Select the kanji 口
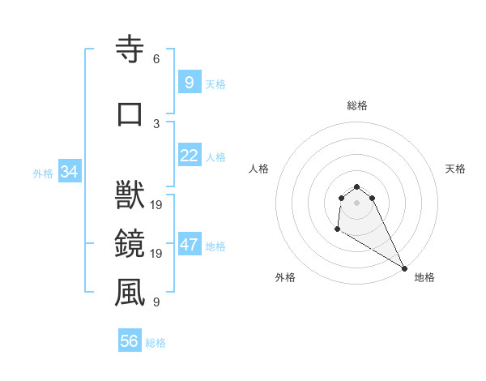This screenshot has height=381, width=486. coord(130,113)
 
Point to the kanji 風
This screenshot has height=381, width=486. coord(130,293)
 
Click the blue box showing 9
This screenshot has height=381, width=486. coord(189,82)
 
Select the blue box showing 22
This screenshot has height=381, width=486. coord(189,156)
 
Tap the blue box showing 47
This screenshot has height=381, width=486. coord(189,245)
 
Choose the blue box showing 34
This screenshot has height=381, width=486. coord(69,172)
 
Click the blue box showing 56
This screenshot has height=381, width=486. coord(129,341)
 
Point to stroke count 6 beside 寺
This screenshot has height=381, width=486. coord(156,59)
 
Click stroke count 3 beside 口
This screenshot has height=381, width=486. coord(156,122)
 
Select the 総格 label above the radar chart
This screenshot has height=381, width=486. coord(357,105)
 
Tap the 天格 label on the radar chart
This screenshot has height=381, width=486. coord(455,169)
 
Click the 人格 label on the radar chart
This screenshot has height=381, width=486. coord(259,169)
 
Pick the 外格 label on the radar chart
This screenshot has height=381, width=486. coord(285,277)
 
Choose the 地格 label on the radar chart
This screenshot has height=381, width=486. coord(424,277)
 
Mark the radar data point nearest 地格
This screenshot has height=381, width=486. coord(404,268)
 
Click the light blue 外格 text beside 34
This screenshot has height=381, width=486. coord(43,173)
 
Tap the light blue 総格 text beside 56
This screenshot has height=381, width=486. coord(156,342)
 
